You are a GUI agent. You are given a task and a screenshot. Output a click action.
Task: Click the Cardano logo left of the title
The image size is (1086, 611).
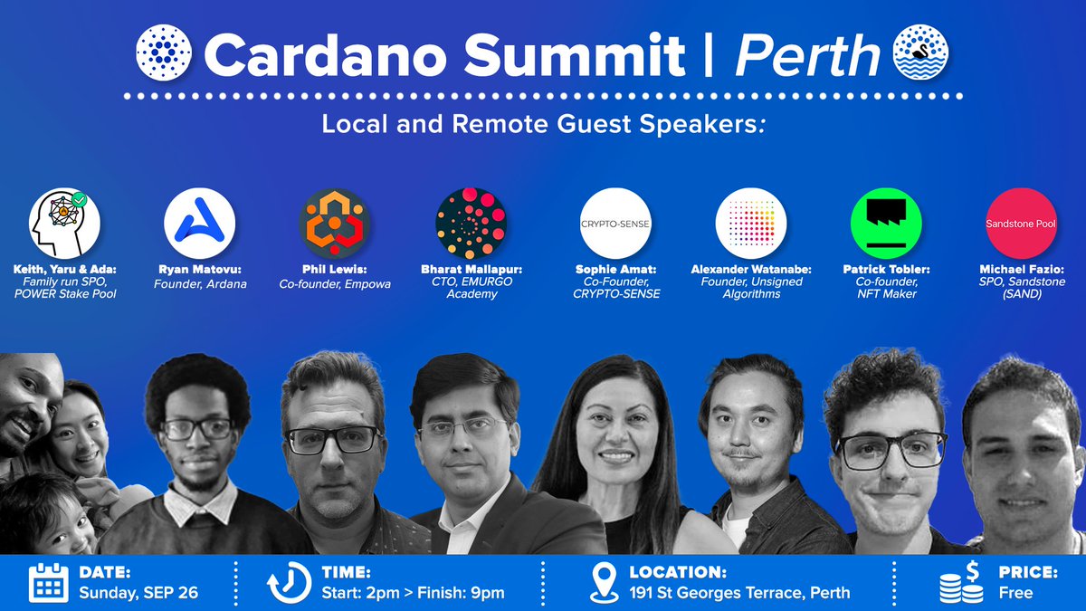164,53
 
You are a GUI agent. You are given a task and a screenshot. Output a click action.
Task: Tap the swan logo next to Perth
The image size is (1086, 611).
920,52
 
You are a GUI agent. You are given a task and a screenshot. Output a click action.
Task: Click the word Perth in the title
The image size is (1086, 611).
807,56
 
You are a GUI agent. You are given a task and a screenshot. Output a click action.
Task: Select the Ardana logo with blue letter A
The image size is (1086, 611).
199,224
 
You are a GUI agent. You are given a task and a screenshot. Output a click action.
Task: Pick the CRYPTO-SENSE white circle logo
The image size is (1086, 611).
615,224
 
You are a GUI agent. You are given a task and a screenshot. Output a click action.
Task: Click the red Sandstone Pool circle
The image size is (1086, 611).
1021,224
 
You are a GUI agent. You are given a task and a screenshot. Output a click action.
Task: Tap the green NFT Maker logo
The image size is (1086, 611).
886,224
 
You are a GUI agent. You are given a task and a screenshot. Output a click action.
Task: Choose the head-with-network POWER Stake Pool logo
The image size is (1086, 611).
64,224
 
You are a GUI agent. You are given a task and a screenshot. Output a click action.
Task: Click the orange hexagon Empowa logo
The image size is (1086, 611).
335,224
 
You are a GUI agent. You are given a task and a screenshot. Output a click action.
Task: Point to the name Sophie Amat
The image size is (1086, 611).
615,269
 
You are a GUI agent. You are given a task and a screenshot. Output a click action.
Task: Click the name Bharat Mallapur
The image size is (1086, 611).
472,269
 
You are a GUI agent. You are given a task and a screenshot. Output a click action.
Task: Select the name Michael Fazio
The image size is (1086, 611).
1022,269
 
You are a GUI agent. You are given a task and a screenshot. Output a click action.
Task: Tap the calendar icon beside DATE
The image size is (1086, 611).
49,582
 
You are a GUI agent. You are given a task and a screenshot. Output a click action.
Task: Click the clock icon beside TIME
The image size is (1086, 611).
290,583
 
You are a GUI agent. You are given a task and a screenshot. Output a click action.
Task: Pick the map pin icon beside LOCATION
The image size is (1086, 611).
605,583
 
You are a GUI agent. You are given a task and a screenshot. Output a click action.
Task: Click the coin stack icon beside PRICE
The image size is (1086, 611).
962,582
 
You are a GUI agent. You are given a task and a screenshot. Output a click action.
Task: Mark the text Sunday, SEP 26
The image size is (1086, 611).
138,593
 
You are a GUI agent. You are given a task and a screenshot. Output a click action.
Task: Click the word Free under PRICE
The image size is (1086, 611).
1015,593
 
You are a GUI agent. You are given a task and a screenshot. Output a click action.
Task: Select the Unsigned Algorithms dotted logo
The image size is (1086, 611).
751,224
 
